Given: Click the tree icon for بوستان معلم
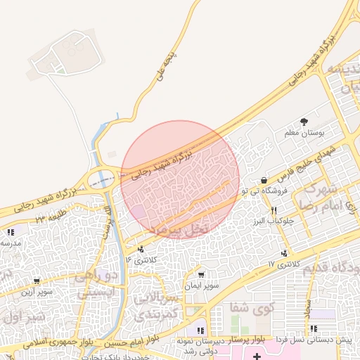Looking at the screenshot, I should point(304,122).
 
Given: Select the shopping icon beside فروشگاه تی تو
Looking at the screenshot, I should point(264,180).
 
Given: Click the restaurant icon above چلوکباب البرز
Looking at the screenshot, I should point(274,210).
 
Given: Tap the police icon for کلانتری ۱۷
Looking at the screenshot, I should point(284,253).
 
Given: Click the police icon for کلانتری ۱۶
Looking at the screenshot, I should point(141,248).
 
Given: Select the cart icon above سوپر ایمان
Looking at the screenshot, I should point(202,275).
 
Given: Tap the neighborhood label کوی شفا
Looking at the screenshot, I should point(252,309).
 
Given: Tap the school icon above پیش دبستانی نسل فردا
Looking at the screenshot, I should point(312,328).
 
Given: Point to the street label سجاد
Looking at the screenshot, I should point(307,304).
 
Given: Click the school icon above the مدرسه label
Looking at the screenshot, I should point(10,232).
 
